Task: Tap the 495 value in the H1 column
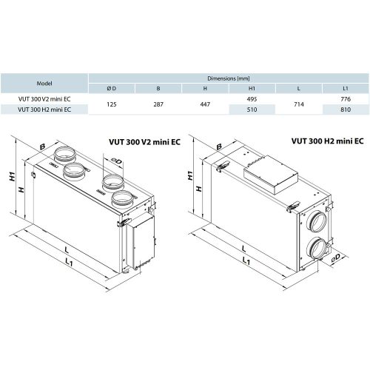tap(252, 98)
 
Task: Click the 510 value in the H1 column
tap(252, 110)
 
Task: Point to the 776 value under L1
tap(344, 98)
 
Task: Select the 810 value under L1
tap(344, 110)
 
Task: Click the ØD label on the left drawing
tap(117, 161)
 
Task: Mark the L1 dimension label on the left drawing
tap(69, 263)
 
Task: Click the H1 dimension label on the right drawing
tap(190, 175)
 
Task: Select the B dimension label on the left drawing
tap(43, 147)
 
